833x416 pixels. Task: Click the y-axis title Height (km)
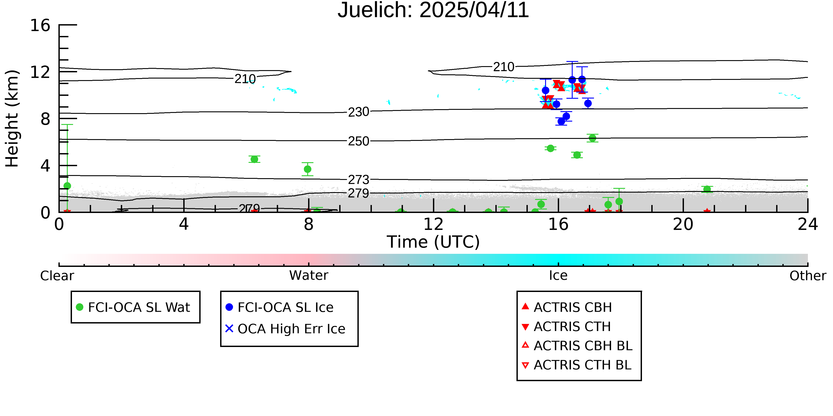click(12, 118)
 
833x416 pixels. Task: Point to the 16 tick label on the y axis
click(40, 25)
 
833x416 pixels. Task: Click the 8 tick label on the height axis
click(45, 119)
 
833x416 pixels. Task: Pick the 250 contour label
click(358, 141)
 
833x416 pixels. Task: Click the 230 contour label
click(358, 112)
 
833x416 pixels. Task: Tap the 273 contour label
click(358, 179)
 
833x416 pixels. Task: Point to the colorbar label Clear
click(57, 276)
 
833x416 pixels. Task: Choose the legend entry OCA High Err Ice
click(285, 329)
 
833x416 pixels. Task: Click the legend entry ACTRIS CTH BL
click(577, 365)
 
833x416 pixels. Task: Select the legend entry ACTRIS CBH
click(567, 307)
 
